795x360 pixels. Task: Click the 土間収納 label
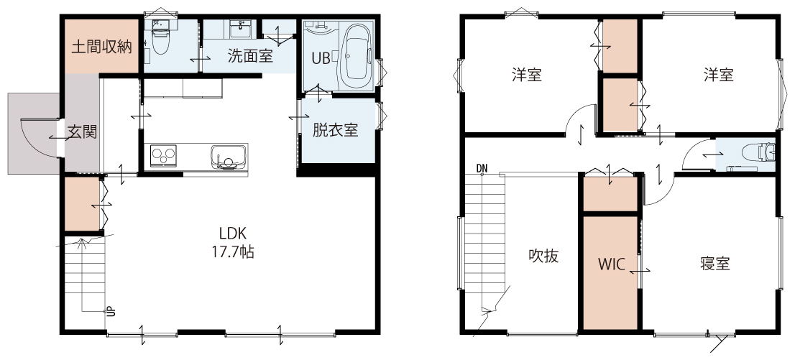click(102, 47)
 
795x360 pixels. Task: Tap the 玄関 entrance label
click(82, 133)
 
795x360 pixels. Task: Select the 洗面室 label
click(250, 56)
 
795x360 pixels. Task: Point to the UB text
click(321, 59)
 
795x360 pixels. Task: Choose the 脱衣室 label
click(335, 130)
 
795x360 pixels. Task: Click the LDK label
click(233, 234)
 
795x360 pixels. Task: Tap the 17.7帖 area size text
click(233, 251)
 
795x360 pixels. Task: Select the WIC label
click(610, 264)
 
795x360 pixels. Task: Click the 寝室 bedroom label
click(715, 264)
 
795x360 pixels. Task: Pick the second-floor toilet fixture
click(758, 152)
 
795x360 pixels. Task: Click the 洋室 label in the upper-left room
click(526, 75)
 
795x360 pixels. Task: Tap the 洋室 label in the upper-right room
click(718, 75)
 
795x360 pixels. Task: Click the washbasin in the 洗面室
click(238, 29)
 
